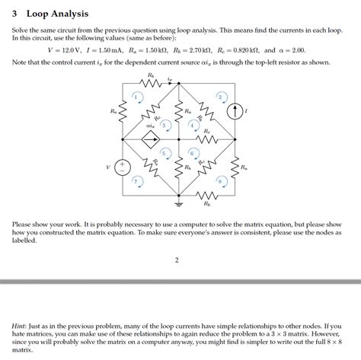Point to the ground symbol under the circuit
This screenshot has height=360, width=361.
[x=180, y=204]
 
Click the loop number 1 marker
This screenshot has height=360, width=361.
[x=136, y=97]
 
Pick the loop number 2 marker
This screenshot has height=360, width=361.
[x=220, y=97]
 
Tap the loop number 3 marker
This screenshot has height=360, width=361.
[x=164, y=124]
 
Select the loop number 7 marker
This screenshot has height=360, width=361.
[x=136, y=181]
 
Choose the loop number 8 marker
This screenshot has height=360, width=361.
[x=220, y=181]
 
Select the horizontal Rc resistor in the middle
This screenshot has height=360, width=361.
[x=206, y=139]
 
